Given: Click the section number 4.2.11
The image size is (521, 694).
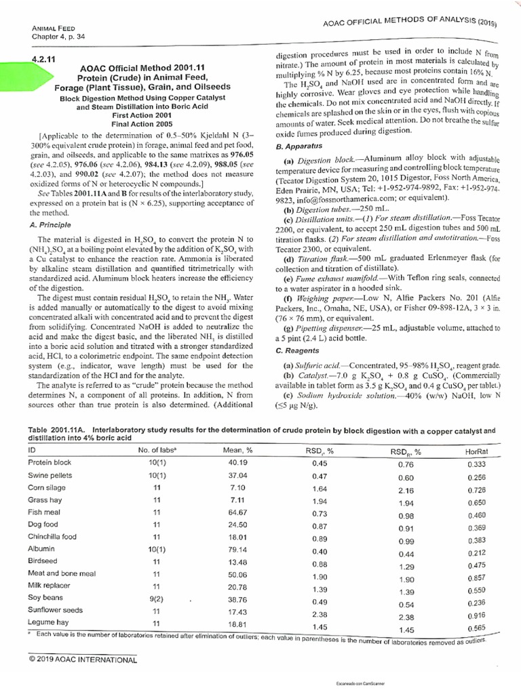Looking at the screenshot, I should [x=42, y=60].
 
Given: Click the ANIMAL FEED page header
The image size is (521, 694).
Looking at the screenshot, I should [x=52, y=28].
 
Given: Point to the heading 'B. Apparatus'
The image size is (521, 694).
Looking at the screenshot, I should [x=297, y=146].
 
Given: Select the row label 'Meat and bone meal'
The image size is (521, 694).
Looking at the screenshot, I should [x=62, y=575].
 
